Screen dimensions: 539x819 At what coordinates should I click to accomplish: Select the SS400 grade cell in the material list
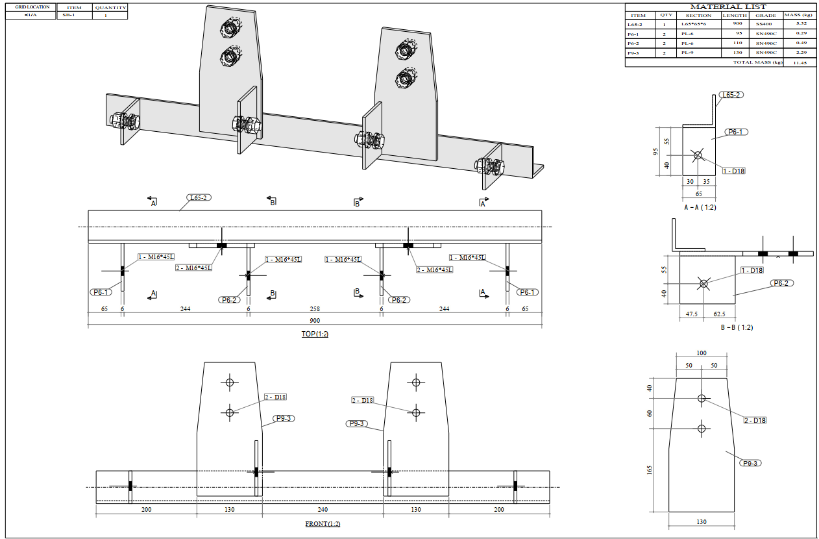click(765, 24)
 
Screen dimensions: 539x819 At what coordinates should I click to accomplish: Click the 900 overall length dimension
click(315, 320)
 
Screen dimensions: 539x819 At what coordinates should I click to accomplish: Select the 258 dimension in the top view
click(315, 309)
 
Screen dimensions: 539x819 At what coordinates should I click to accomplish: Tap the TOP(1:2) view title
click(315, 334)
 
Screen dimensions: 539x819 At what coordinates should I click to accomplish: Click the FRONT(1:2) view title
click(323, 523)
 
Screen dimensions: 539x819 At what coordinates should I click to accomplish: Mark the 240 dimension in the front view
click(323, 510)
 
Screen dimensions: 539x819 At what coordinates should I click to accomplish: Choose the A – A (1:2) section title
click(700, 207)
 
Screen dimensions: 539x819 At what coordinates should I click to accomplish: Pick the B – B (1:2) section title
click(737, 327)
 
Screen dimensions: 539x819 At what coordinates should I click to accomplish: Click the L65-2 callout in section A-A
click(731, 95)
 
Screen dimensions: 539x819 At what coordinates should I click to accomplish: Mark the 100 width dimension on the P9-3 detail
click(701, 353)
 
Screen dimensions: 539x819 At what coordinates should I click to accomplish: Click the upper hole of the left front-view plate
click(228, 382)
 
